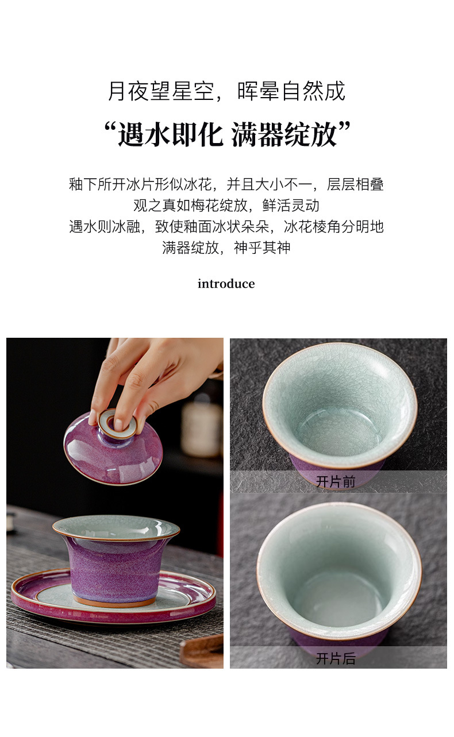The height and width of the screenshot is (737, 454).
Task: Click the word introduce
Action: pos(226,284)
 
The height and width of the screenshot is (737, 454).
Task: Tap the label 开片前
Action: pos(336,482)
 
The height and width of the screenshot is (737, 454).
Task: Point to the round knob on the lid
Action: pos(117,423)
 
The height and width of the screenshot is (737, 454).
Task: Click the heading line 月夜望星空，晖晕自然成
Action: pos(227,91)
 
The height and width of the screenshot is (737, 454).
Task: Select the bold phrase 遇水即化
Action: pos(171,134)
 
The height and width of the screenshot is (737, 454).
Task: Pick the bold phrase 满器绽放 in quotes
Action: pos(284,134)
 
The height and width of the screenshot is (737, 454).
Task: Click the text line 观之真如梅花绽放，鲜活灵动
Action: pos(226,205)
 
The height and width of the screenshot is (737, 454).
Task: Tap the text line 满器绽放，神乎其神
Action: pos(226,248)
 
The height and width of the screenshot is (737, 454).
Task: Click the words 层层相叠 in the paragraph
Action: pos(355,184)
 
